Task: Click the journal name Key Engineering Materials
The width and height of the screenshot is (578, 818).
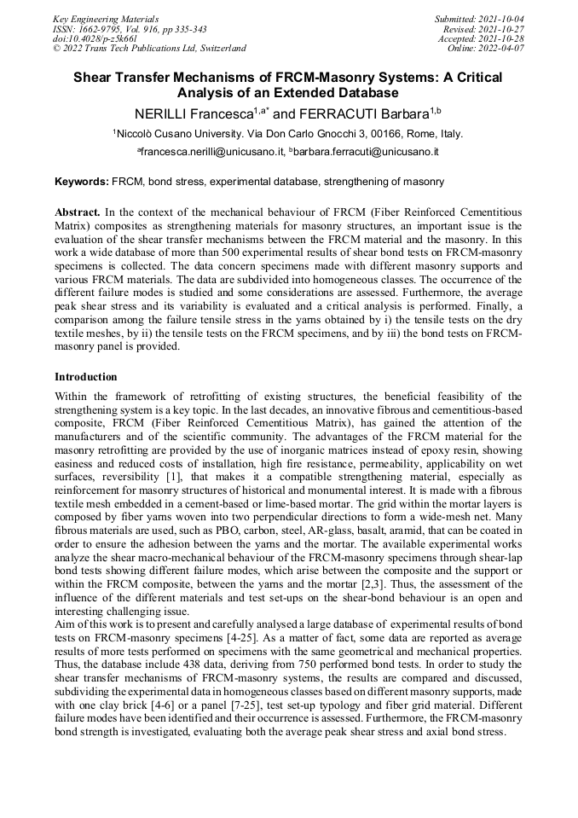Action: pos(106,18)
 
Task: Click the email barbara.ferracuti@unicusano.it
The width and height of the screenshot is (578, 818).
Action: pos(367,152)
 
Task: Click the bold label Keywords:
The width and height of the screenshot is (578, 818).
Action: pos(82,182)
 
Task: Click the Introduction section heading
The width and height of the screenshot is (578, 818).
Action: pos(86,376)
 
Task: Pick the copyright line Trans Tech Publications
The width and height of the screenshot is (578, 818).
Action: pos(149,49)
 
